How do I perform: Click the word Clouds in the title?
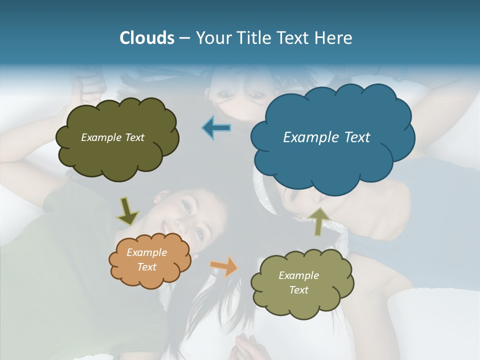pyautogui.click(x=146, y=38)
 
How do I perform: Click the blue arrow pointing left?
pyautogui.click(x=216, y=128)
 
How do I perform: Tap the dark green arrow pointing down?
pyautogui.click(x=127, y=211)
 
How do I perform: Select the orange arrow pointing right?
pyautogui.click(x=224, y=266)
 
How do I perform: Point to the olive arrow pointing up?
pyautogui.click(x=318, y=221)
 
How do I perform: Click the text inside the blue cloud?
pyautogui.click(x=326, y=137)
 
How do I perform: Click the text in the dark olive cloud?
pyautogui.click(x=112, y=137)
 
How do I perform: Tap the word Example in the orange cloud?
pyautogui.click(x=146, y=253)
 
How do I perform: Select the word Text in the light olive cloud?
pyautogui.click(x=298, y=290)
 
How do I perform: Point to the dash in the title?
pyautogui.click(x=184, y=38)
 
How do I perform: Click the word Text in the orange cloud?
pyautogui.click(x=146, y=267)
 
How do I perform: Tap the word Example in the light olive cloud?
pyautogui.click(x=298, y=275)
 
